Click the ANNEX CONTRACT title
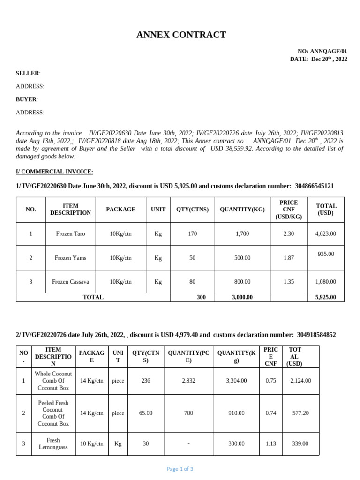point(181,35)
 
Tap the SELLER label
point(28,73)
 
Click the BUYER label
point(26,99)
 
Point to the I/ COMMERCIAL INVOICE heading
point(54,172)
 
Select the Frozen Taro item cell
point(70,233)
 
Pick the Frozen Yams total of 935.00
point(325,254)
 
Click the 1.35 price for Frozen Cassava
point(289,282)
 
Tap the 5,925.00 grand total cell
point(325,297)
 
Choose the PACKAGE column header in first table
point(120,210)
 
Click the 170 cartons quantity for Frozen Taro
point(192,233)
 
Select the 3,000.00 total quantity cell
point(242,297)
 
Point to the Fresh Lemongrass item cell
point(53,444)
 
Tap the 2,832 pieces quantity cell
point(188,381)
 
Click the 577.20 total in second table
point(300,413)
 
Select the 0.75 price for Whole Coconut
point(271,381)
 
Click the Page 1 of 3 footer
point(180,469)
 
